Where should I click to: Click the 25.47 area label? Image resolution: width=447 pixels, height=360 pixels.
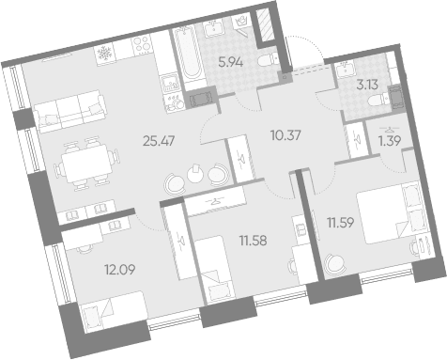(x=159, y=141)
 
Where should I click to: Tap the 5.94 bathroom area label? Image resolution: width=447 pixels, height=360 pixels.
(x=231, y=63)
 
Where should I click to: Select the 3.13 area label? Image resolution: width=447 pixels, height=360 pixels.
(x=367, y=85)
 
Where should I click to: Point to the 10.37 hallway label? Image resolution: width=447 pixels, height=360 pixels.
(x=285, y=135)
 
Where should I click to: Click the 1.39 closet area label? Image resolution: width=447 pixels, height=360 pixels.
(x=390, y=141)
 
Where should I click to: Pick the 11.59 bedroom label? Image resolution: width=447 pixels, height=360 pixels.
(x=341, y=223)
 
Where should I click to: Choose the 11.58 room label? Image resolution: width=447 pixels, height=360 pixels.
(x=253, y=241)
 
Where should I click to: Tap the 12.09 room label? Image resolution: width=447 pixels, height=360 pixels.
(x=120, y=269)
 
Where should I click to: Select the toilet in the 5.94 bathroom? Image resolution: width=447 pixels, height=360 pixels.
(x=269, y=60)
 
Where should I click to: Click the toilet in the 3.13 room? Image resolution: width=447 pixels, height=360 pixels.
(x=378, y=101)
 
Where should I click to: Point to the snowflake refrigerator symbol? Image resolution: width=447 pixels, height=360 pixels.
(x=103, y=54)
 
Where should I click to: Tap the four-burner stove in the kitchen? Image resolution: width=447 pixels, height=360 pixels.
(x=141, y=44)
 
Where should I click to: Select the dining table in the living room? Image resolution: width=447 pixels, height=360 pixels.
(x=86, y=164)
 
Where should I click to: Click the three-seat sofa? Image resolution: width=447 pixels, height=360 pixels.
(x=69, y=112)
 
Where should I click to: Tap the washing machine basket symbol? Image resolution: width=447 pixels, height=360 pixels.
(x=240, y=22)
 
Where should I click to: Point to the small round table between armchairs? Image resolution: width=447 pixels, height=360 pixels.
(x=195, y=174)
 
